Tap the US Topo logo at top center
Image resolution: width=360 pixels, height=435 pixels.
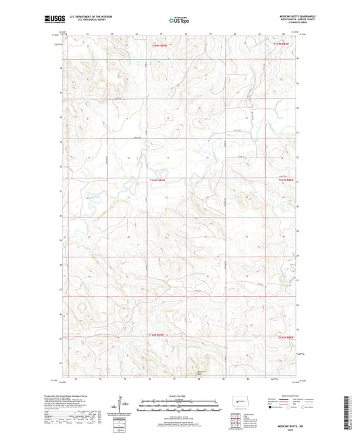click(179, 20)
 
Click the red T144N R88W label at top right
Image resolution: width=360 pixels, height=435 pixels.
click(282, 45)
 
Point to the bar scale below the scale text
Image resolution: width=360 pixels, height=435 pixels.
click(180, 407)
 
